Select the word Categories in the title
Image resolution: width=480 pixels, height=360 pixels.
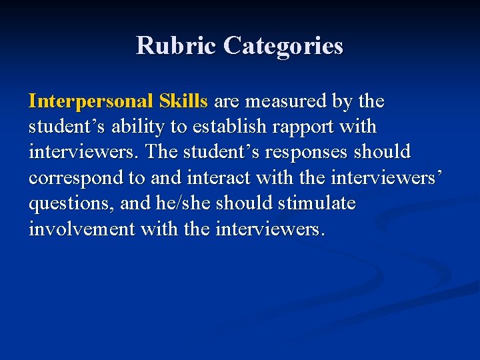[283, 46]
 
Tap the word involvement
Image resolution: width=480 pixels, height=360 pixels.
[81, 229]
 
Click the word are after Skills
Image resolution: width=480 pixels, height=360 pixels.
[227, 101]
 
